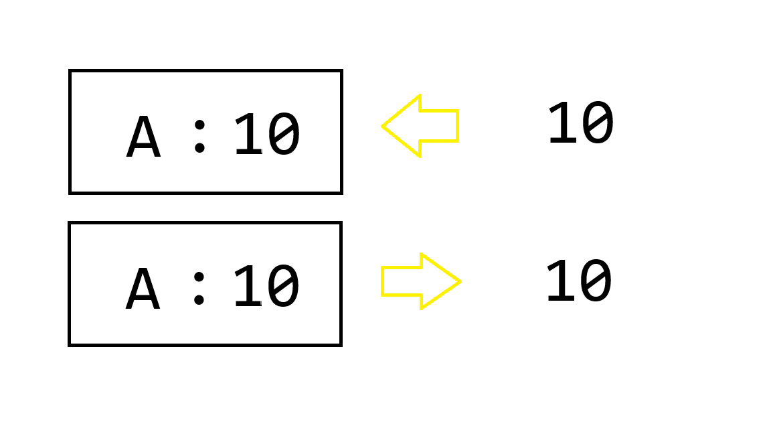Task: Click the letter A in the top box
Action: click(144, 138)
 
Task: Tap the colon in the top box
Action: click(199, 135)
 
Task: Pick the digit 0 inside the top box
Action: click(284, 136)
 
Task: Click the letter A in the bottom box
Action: click(143, 290)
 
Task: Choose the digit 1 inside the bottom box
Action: click(248, 287)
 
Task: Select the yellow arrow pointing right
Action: click(420, 281)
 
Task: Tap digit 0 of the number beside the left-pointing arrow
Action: click(597, 125)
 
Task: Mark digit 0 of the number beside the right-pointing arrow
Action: click(596, 283)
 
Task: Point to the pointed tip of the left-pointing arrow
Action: click(383, 126)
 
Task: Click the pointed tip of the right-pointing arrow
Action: click(460, 281)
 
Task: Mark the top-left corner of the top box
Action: click(70, 71)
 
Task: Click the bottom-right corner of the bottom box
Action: click(341, 344)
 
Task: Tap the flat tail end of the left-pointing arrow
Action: click(457, 126)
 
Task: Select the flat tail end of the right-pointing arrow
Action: click(382, 281)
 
